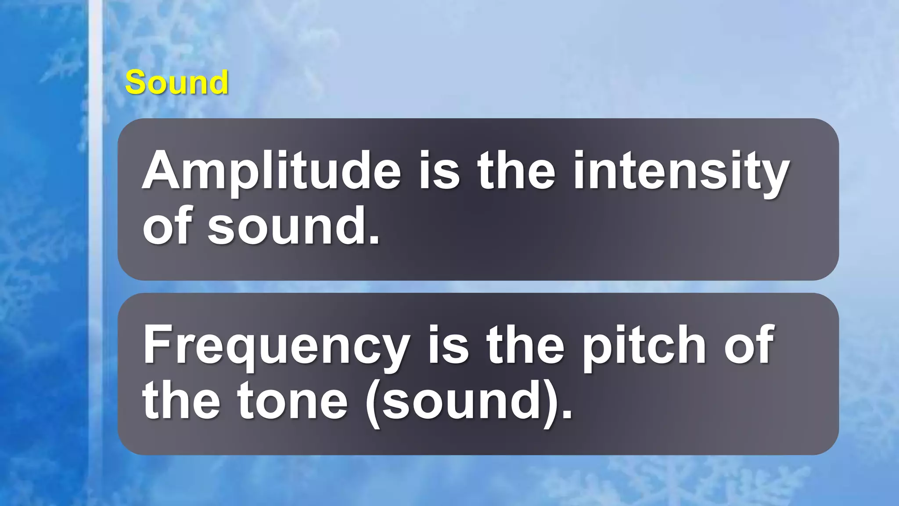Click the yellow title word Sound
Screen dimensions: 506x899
coord(176,82)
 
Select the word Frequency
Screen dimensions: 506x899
coord(277,346)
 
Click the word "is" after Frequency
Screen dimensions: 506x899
coord(448,346)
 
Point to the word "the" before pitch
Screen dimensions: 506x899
coord(525,346)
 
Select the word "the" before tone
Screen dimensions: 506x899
coord(181,401)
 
